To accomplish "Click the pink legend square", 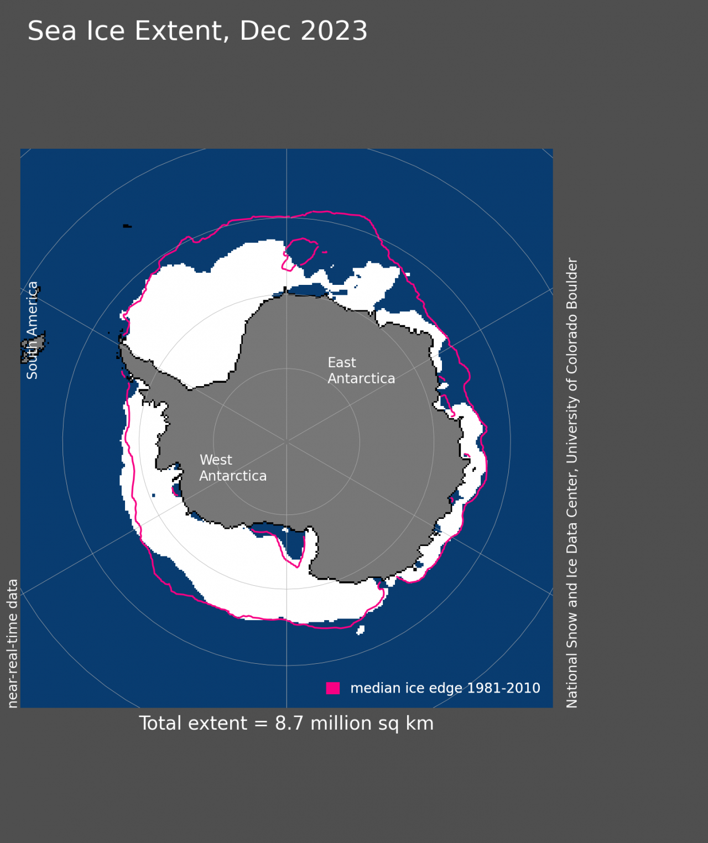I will click(333, 688).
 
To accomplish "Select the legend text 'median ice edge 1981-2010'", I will click(445, 688).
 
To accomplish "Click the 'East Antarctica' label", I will click(361, 371).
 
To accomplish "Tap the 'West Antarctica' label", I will click(232, 468).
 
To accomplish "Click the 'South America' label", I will click(33, 330).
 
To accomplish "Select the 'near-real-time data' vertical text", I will click(13, 643).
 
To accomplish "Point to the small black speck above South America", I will click(127, 226).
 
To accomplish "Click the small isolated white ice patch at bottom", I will click(361, 629).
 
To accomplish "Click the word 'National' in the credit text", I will click(572, 681).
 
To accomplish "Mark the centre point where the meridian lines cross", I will click(287, 441).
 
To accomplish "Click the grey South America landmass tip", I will click(34, 346).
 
